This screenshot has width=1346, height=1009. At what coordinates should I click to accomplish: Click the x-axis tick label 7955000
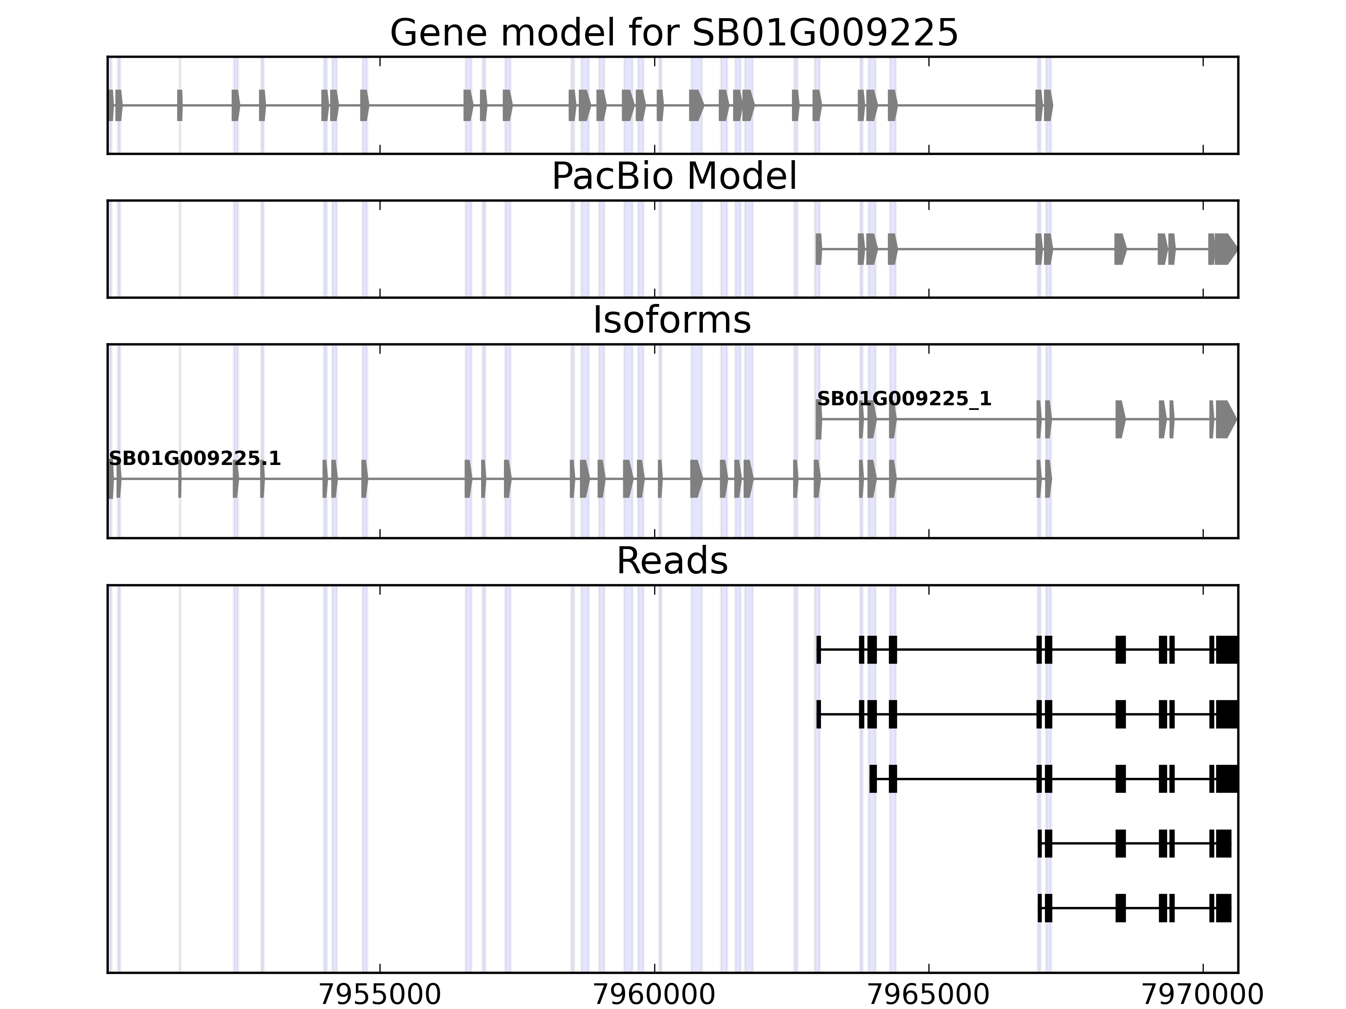pyautogui.click(x=380, y=995)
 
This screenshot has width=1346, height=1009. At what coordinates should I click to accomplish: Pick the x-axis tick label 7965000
pyautogui.click(x=929, y=995)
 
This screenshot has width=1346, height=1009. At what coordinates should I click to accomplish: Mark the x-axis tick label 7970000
pyautogui.click(x=1203, y=995)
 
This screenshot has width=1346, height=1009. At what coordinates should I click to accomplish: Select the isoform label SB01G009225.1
pyautogui.click(x=195, y=459)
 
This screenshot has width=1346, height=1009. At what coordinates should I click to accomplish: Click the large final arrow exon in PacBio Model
pyautogui.click(x=1226, y=249)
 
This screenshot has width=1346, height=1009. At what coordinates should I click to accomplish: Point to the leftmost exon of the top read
pyautogui.click(x=819, y=650)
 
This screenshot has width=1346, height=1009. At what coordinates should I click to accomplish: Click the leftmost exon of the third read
pyautogui.click(x=873, y=779)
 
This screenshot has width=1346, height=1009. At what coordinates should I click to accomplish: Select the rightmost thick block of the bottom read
pyautogui.click(x=1224, y=908)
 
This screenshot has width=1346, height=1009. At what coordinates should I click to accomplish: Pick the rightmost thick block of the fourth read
pyautogui.click(x=1224, y=843)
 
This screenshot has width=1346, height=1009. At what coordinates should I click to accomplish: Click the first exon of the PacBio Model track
pyautogui.click(x=819, y=249)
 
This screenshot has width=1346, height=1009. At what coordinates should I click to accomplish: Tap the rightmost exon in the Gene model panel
pyautogui.click(x=1048, y=105)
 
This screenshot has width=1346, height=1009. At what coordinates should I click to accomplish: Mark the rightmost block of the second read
pyautogui.click(x=1227, y=714)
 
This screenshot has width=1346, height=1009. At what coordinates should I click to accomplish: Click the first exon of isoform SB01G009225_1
pyautogui.click(x=819, y=419)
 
